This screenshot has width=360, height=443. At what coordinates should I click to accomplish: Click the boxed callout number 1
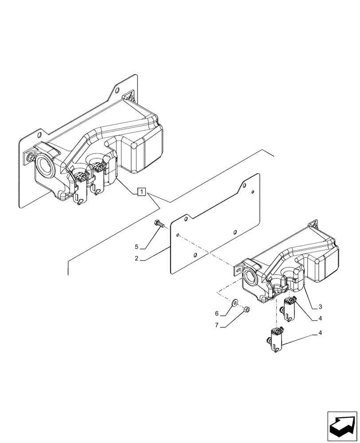pyautogui.click(x=141, y=192)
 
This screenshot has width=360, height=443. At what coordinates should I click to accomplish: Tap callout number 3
pyautogui.click(x=320, y=307)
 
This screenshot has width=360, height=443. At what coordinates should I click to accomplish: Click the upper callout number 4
pyautogui.click(x=320, y=318)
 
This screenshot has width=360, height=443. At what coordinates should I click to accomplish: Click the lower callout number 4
pyautogui.click(x=320, y=332)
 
